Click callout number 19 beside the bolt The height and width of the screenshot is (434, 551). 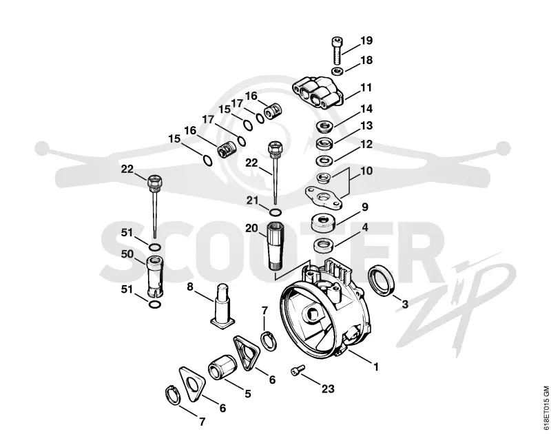point(366,41)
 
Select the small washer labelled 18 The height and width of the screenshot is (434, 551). point(337,71)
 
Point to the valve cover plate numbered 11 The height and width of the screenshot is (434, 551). point(318,93)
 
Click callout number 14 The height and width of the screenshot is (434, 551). point(366,109)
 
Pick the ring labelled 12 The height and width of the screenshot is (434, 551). point(325,161)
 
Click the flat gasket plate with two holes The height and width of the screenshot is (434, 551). point(323,198)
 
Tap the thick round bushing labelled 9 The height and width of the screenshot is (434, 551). point(323,222)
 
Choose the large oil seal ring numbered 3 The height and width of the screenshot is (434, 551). point(382,281)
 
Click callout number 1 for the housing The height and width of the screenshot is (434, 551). point(375,367)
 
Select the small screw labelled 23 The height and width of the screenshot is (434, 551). point(298,370)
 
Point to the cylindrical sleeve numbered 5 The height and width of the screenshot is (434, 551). point(222,366)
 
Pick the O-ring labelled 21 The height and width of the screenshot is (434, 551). point(275,212)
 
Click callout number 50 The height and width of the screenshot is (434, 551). point(127,254)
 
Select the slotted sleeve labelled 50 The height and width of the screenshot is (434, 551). point(154,276)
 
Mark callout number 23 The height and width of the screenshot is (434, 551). point(328,389)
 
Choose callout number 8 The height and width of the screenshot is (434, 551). point(190,287)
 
